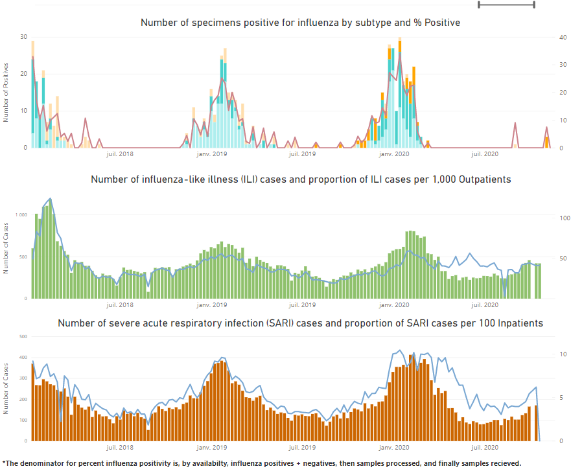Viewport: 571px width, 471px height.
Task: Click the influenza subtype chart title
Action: [x=300, y=23]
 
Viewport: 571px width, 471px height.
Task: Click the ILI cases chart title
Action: [x=301, y=179]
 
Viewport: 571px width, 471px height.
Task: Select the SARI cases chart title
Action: [x=301, y=323]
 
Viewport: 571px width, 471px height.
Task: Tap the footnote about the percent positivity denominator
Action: [x=262, y=463]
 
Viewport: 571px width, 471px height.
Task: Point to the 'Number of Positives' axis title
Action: [x=6, y=92]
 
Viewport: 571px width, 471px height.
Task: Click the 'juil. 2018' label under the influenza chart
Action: [x=119, y=154]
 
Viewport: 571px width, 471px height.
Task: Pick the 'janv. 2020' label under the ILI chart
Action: [x=394, y=304]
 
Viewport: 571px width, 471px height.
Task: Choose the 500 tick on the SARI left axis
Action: [x=23, y=337]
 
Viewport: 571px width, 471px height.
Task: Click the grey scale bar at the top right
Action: [x=506, y=5]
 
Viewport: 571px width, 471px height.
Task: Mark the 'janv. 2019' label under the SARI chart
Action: [x=212, y=447]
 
